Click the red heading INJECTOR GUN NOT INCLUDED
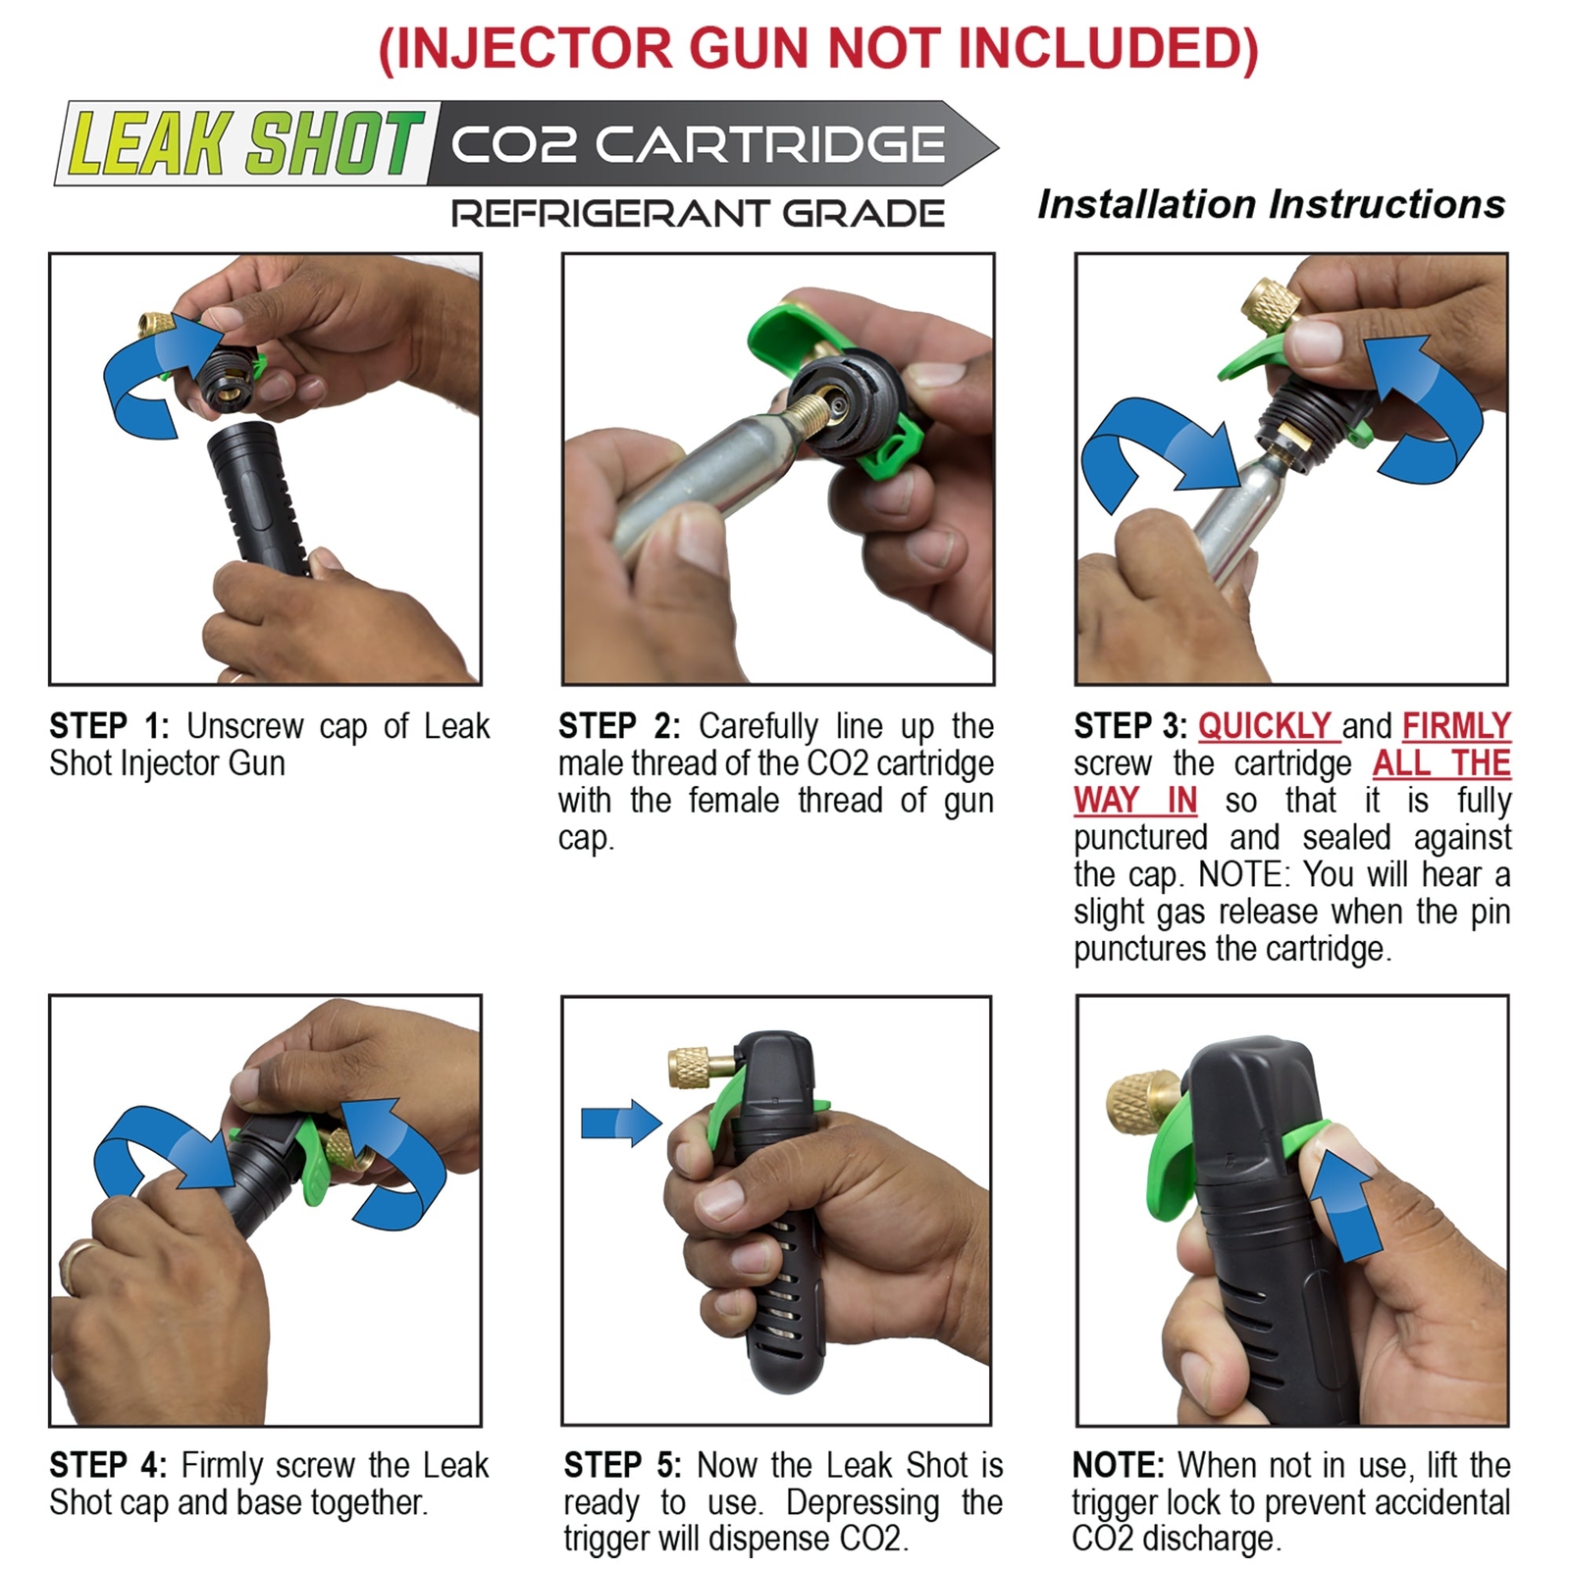pos(817,48)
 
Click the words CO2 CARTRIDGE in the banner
pos(698,145)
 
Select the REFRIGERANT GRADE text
pos(698,213)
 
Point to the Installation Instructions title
pos(1271,204)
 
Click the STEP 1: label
pos(109,726)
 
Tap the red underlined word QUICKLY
pos(1264,726)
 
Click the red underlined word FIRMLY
pos(1456,726)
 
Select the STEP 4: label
pos(107,1465)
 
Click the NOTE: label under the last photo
pos(1118,1465)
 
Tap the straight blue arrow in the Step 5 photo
pos(620,1123)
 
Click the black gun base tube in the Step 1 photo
pos(257,500)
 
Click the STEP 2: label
pos(619,726)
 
